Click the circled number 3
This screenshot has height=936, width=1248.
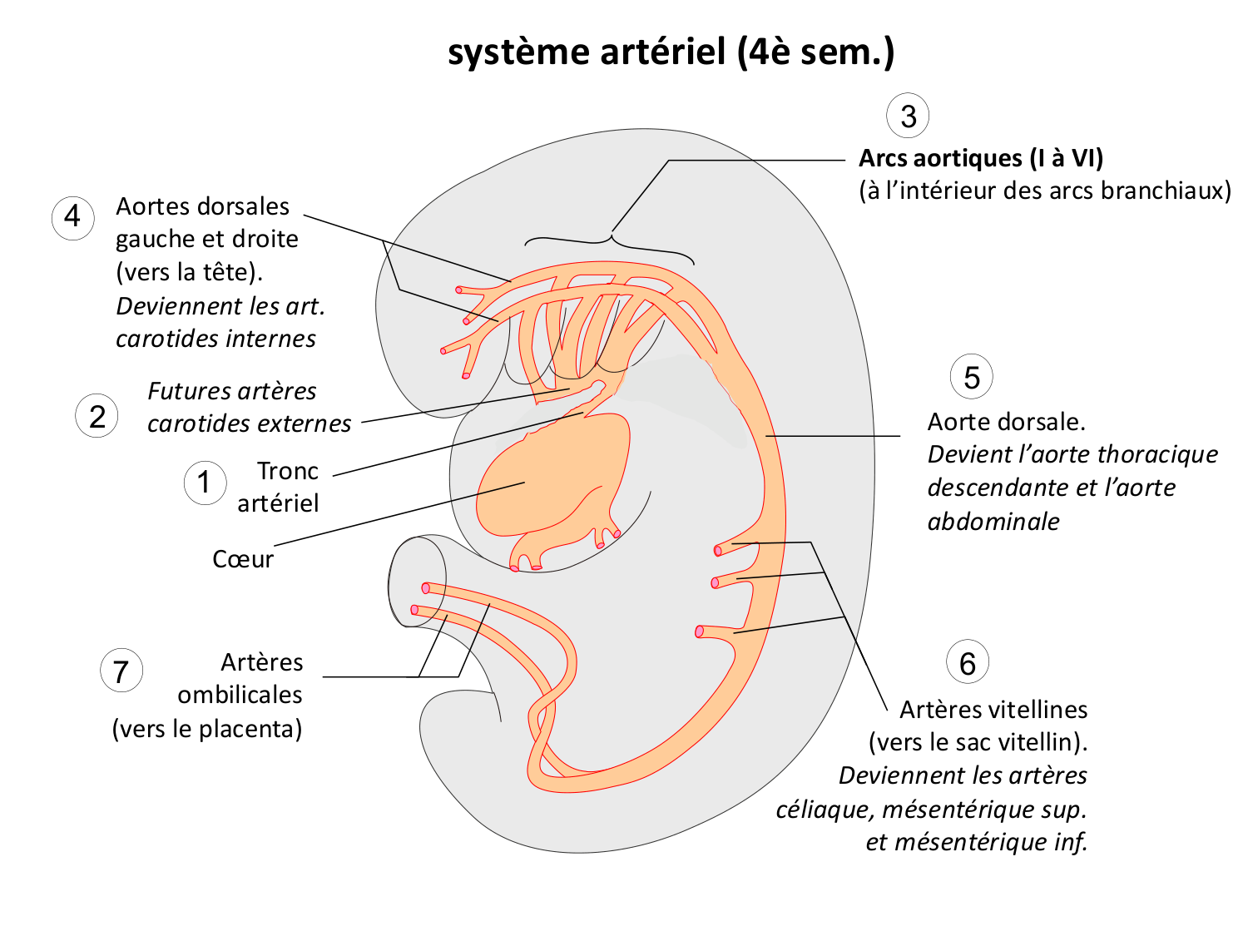click(x=908, y=116)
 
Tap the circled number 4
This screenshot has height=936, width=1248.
click(x=72, y=218)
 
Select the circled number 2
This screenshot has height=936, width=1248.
click(x=97, y=415)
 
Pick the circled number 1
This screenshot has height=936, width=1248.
click(x=205, y=483)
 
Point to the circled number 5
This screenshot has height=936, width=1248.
click(x=971, y=377)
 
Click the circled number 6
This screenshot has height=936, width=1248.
click(x=967, y=663)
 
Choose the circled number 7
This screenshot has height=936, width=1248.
click(x=121, y=671)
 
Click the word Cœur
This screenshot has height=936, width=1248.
click(x=242, y=559)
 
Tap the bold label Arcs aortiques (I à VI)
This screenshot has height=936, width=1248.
click(x=981, y=158)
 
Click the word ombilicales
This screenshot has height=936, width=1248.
click(x=240, y=695)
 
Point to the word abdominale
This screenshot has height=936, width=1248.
click(x=993, y=522)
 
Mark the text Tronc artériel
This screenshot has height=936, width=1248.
click(x=279, y=487)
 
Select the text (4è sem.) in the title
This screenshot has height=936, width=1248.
click(x=815, y=52)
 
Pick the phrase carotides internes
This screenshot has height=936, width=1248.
click(x=215, y=339)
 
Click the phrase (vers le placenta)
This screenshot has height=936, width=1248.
click(x=207, y=729)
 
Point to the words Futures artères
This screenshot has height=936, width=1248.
click(x=232, y=391)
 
